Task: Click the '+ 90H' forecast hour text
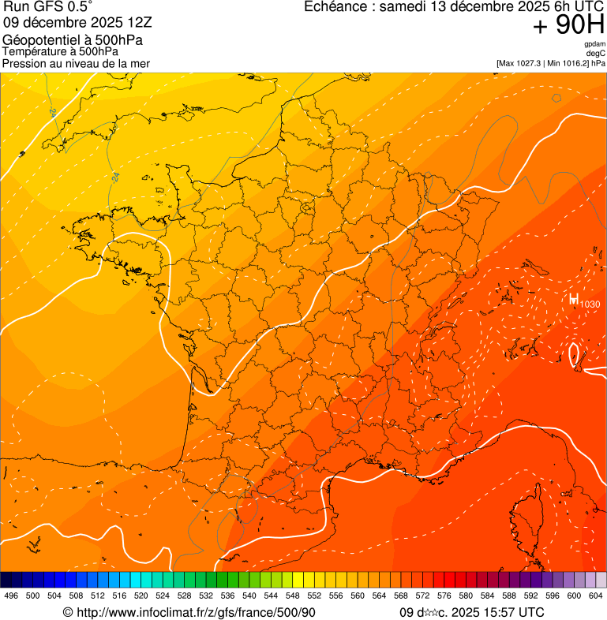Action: click(568, 26)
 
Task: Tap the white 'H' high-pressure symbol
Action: click(573, 300)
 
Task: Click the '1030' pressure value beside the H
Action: click(590, 304)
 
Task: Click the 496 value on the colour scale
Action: click(11, 596)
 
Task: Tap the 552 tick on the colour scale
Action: click(313, 596)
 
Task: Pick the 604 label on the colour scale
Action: click(596, 596)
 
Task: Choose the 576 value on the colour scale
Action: click(444, 596)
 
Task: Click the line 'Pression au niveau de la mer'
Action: click(76, 63)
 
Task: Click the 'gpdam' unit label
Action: click(595, 44)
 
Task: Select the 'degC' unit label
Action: click(596, 53)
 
